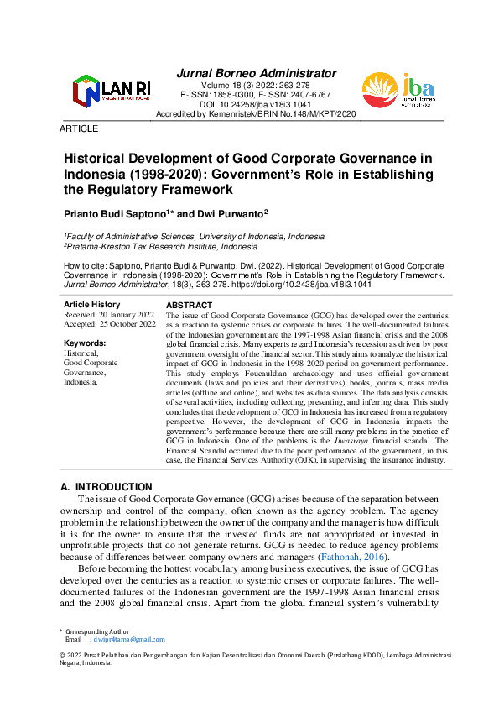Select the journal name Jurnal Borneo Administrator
pyautogui.click(x=257, y=73)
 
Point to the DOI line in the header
pyautogui.click(x=256, y=104)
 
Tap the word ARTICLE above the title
pyautogui.click(x=79, y=128)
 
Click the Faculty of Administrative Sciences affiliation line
pyautogui.click(x=195, y=237)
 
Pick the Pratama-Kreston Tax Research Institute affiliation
pyautogui.click(x=161, y=248)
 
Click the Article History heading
pyautogui.click(x=92, y=304)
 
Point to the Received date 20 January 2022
pyautogui.click(x=109, y=314)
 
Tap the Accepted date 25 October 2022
pyautogui.click(x=110, y=324)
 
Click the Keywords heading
pyautogui.click(x=85, y=343)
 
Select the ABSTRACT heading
pyautogui.click(x=190, y=305)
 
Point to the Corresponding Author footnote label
pyautogui.click(x=96, y=631)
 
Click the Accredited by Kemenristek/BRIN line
pyautogui.click(x=257, y=113)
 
